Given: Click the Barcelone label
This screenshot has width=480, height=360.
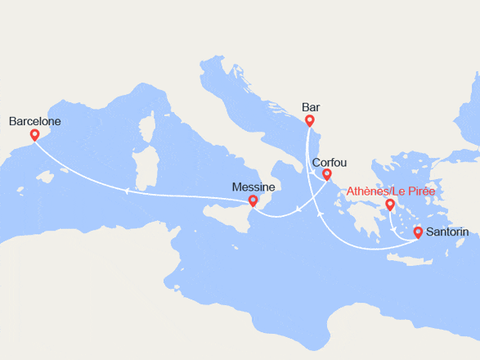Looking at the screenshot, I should [x=34, y=121].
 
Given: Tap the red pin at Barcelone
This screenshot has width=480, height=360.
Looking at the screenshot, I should [x=34, y=136].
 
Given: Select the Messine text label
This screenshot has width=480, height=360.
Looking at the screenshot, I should [x=254, y=187].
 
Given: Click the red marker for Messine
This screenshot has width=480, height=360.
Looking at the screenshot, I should [x=253, y=201].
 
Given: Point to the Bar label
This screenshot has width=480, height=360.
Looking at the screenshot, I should [x=310, y=106].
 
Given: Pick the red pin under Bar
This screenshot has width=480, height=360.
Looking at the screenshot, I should [x=310, y=121].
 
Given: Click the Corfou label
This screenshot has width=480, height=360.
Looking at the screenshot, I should [x=330, y=161].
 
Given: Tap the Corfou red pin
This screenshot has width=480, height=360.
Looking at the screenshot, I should [x=327, y=174].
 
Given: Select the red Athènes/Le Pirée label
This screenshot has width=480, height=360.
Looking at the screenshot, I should [x=391, y=191].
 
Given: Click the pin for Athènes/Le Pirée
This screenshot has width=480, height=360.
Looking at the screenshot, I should [x=391, y=205].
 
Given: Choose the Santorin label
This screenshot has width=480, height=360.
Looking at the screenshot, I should [x=447, y=232].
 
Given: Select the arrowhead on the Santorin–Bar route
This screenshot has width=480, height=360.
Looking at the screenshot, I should [x=317, y=212].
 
